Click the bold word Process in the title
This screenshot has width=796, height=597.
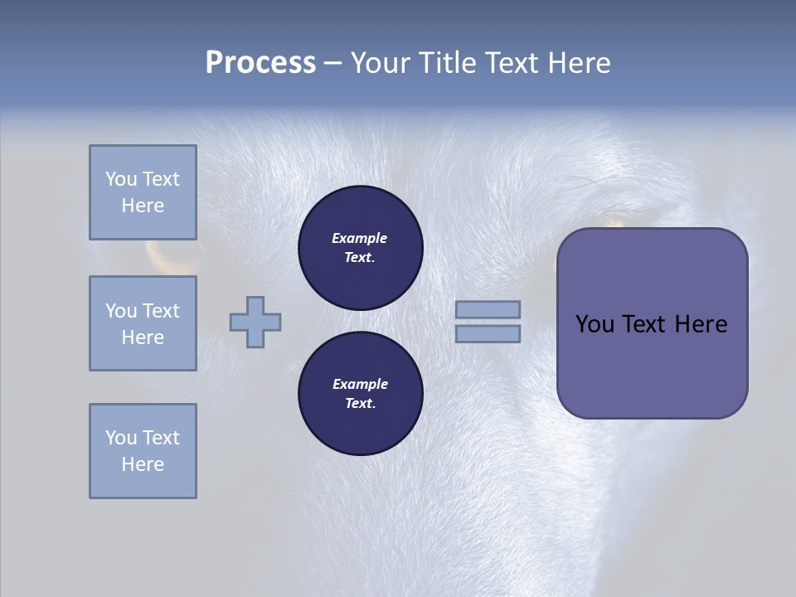[x=260, y=63]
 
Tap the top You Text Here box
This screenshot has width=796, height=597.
[x=143, y=192]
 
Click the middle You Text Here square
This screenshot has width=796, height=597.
[x=143, y=323]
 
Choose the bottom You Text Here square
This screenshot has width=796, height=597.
[x=143, y=451]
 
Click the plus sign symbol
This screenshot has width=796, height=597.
[x=255, y=322]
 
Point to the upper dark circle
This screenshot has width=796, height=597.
[x=360, y=248]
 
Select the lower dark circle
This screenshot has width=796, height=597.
[x=360, y=394]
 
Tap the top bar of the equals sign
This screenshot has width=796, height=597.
[x=488, y=309]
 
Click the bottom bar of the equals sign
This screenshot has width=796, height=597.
[x=488, y=333]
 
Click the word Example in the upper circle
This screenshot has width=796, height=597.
[x=360, y=239]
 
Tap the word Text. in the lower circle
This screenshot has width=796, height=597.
[x=360, y=404]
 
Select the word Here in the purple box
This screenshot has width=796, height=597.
[x=701, y=324]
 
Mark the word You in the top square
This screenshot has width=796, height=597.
[x=121, y=179]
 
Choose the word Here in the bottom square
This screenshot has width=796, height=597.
[x=143, y=464]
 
